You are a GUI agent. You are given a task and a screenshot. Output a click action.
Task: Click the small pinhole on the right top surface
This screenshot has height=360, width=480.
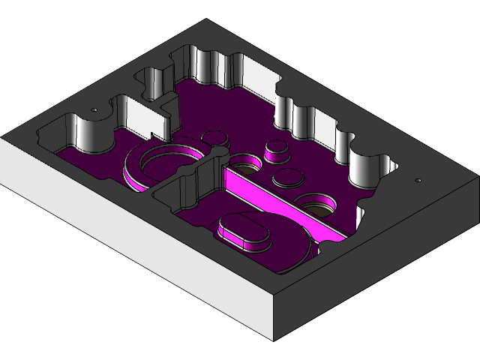coord(418,181)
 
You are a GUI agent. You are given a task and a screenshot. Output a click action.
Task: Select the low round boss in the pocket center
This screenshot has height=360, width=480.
coord(286,178)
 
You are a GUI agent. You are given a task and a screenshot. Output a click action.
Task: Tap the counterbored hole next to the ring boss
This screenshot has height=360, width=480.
coord(244,163)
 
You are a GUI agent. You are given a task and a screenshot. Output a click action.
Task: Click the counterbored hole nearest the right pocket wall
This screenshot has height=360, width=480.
coord(318,203)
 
